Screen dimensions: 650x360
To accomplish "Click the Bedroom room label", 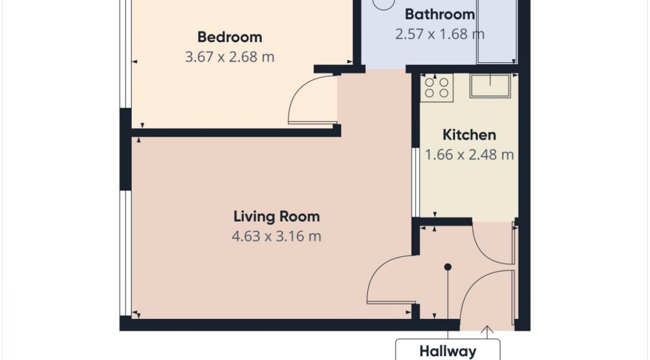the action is tap(229, 37).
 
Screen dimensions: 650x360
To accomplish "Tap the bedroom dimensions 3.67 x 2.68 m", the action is tap(229, 57).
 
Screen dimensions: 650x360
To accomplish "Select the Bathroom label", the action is tap(440, 14).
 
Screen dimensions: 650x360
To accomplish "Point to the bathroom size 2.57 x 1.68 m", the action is tap(440, 34).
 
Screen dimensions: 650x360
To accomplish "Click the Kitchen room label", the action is tap(469, 135).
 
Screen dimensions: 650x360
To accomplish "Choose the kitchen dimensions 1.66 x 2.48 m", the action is tap(469, 154).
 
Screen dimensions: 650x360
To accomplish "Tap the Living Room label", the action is tap(277, 216).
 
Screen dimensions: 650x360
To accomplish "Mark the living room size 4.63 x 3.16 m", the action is tap(277, 236).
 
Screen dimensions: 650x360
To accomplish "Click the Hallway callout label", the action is tap(448, 351).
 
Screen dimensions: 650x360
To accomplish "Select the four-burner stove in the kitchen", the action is tap(437, 88).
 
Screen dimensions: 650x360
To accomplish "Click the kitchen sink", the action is tap(490, 86).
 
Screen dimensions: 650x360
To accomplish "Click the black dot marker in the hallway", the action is tap(448, 267).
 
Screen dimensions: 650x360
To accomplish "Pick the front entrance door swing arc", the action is tap(473, 286).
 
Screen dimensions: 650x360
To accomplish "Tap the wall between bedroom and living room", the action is tap(236, 133).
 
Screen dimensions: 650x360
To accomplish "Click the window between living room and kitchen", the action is tap(416, 182).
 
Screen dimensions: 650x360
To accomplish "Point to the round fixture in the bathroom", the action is tap(383, 3).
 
